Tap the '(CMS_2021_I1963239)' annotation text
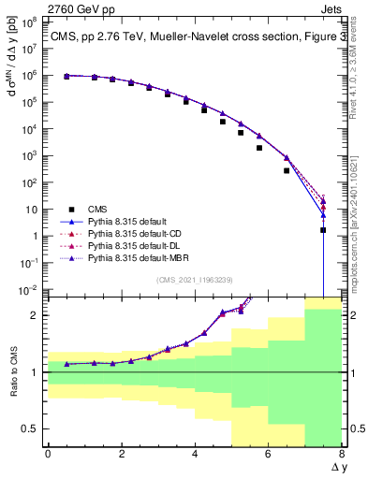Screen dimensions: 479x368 coord(195,279)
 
